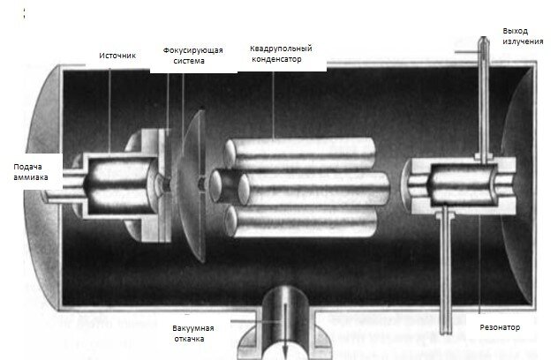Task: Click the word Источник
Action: (x=118, y=56)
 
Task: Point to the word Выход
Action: (x=516, y=31)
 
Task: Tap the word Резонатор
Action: (x=501, y=327)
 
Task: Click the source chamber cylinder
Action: (x=115, y=181)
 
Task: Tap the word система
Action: (x=188, y=63)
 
